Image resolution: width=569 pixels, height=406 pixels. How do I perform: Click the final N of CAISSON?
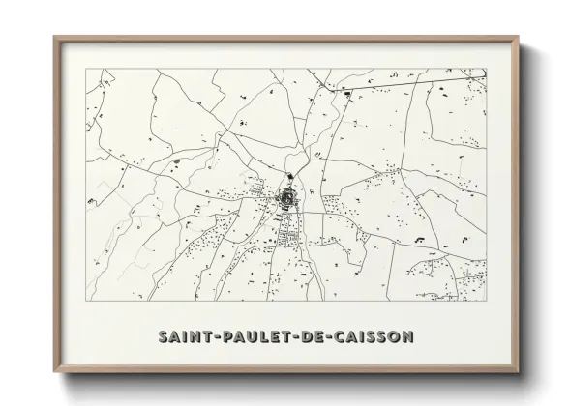pyautogui.click(x=407, y=336)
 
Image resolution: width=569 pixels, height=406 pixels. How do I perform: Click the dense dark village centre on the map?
pyautogui.click(x=287, y=199)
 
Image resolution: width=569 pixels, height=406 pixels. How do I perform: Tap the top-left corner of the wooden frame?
pyautogui.click(x=54, y=37)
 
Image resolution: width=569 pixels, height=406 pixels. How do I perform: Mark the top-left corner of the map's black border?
pyautogui.click(x=87, y=69)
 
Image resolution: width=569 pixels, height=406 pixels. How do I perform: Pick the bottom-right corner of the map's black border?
pyautogui.click(x=486, y=301)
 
